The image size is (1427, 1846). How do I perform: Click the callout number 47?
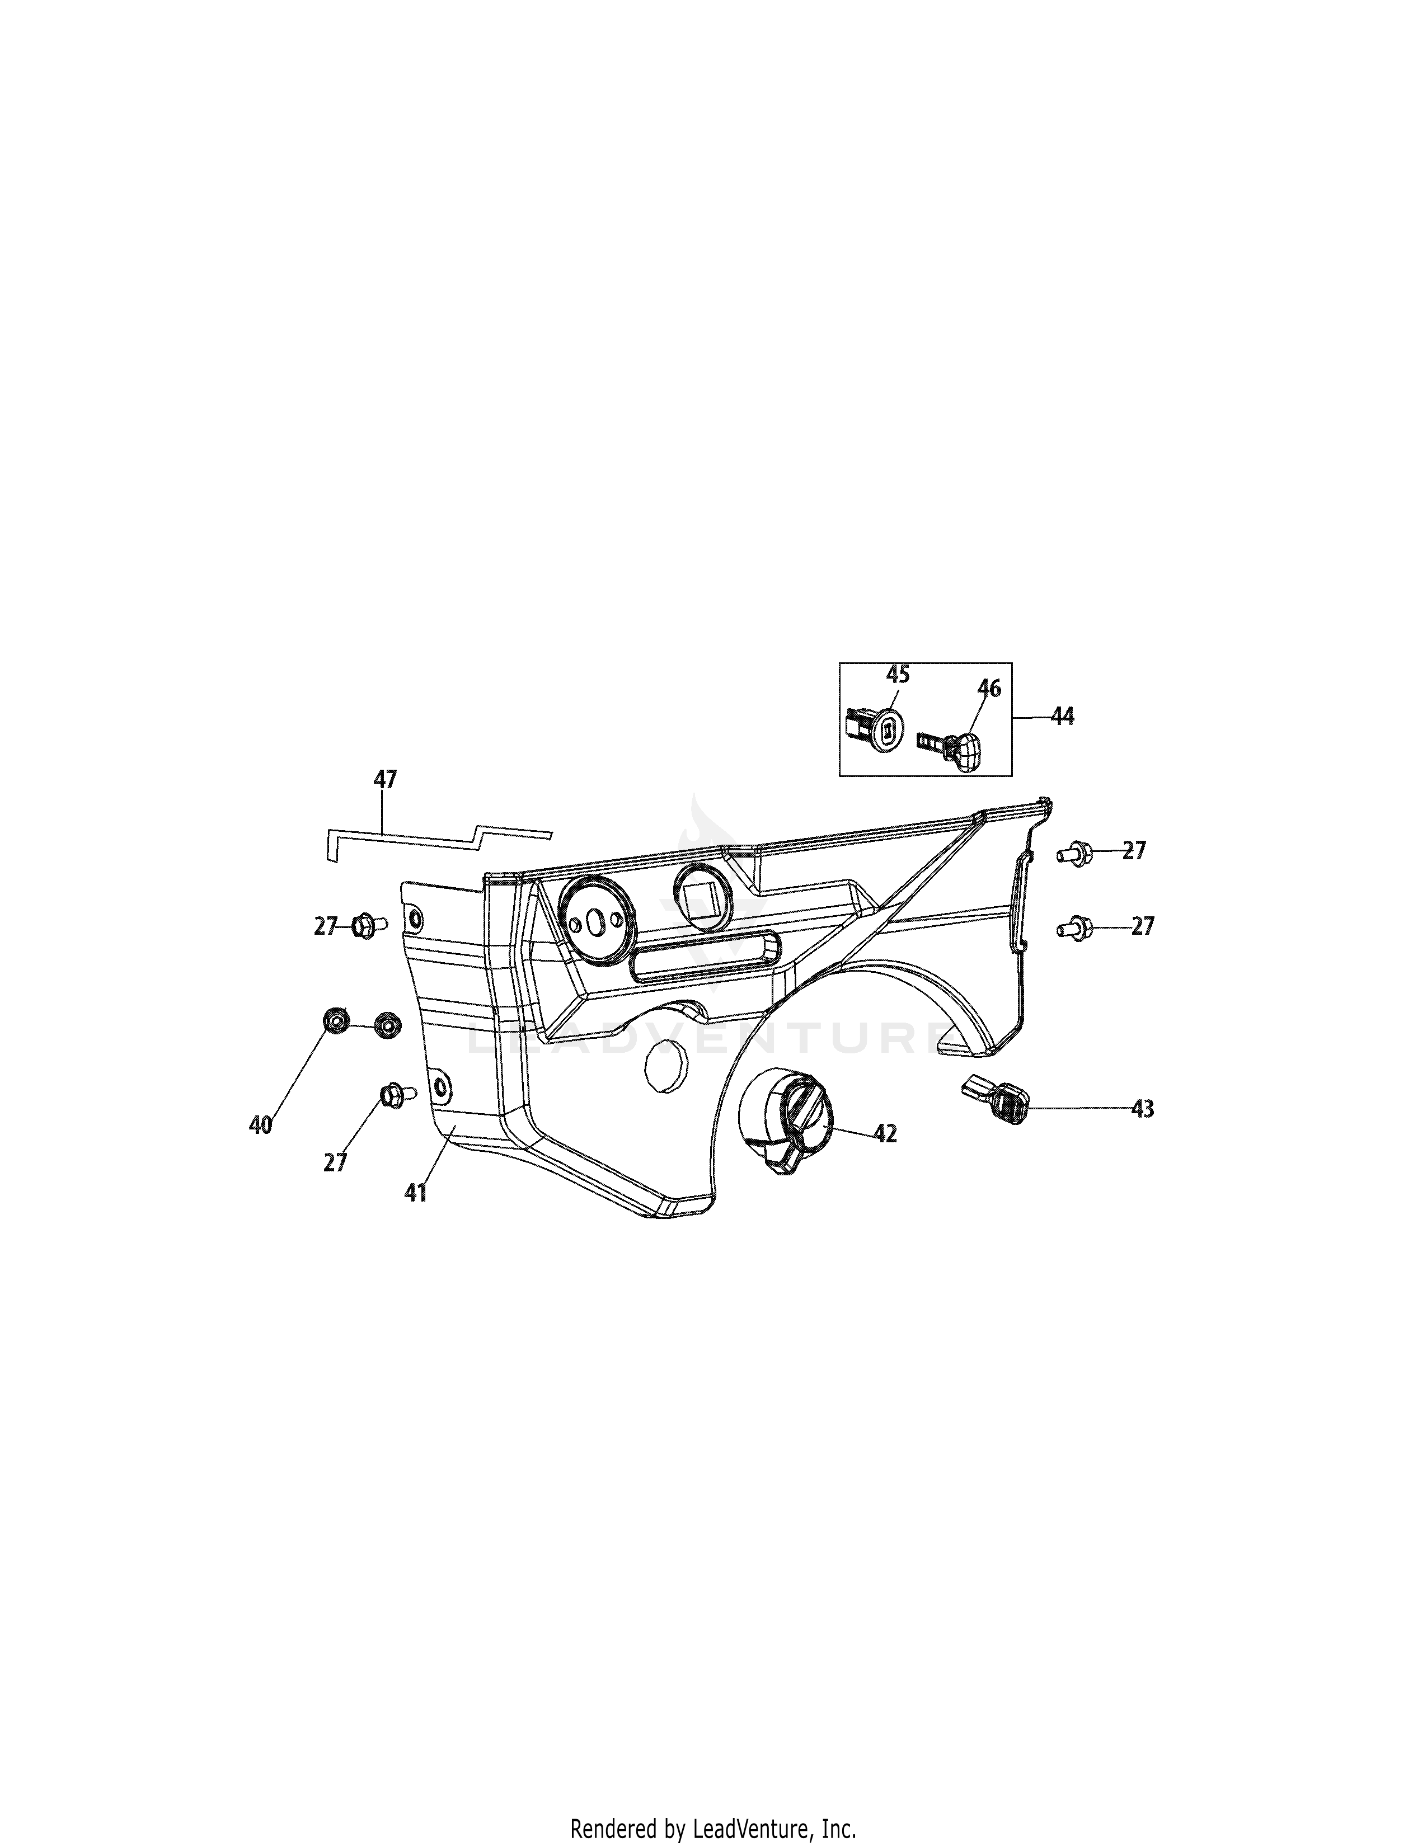click(x=384, y=779)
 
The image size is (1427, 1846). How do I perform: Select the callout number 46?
click(x=988, y=713)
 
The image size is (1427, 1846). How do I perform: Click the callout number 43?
click(x=1142, y=1108)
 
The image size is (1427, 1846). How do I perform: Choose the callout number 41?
click(x=415, y=1194)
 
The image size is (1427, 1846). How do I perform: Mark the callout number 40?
click(x=260, y=1125)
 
